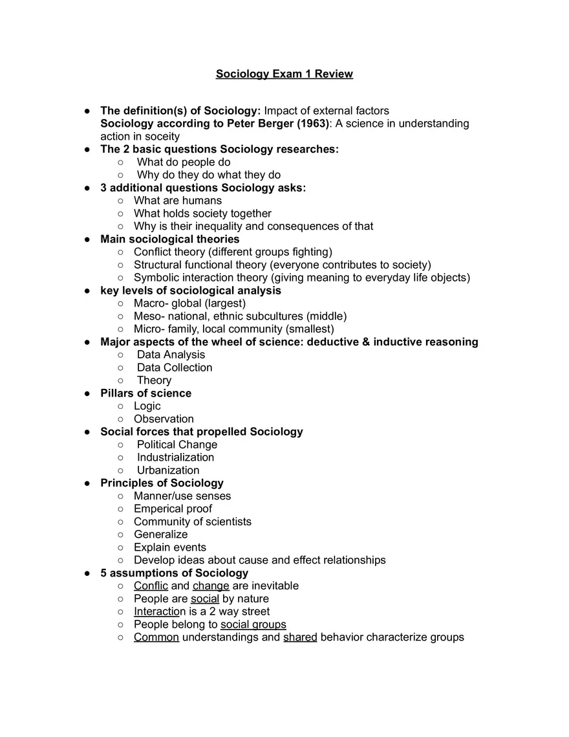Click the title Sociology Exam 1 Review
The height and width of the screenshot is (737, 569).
pyautogui.click(x=284, y=74)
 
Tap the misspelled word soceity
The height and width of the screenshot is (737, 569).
pyautogui.click(x=162, y=137)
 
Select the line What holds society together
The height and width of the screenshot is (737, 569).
pyautogui.click(x=202, y=214)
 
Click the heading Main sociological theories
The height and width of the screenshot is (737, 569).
pyautogui.click(x=169, y=239)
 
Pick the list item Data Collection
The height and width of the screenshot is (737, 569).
pyautogui.click(x=175, y=368)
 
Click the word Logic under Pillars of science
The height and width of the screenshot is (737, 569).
pyautogui.click(x=147, y=406)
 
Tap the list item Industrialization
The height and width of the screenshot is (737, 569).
pyautogui.click(x=175, y=457)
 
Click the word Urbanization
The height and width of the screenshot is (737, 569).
pyautogui.click(x=168, y=470)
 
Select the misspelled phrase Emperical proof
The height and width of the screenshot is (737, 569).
pyautogui.click(x=173, y=509)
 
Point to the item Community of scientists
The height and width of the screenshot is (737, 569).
pyautogui.click(x=193, y=522)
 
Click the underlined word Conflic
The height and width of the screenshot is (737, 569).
pyautogui.click(x=151, y=586)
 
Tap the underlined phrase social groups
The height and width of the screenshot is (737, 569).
pyautogui.click(x=253, y=624)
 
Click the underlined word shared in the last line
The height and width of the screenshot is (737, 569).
pyautogui.click(x=300, y=637)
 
